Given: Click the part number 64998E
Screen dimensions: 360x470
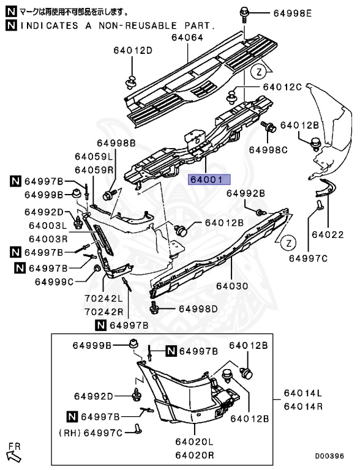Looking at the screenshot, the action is (293, 13).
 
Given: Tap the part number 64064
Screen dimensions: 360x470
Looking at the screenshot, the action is (187, 37).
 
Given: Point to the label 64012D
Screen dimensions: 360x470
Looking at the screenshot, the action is (133, 50).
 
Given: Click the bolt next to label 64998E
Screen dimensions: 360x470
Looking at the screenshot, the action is (244, 15).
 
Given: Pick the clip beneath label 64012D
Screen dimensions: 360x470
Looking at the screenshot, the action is (131, 82).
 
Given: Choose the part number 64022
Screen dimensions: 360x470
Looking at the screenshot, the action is (328, 234).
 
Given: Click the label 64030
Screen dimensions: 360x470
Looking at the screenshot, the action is (232, 286).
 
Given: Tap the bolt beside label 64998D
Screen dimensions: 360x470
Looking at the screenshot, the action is (154, 308).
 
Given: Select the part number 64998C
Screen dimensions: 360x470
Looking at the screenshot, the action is (268, 149).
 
